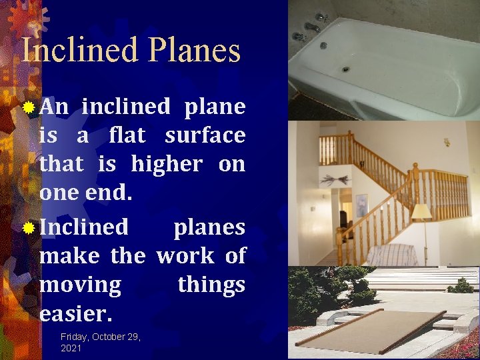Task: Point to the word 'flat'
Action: click(127, 135)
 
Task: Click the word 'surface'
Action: click(205, 135)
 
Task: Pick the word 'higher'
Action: click(167, 163)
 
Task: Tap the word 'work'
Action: click(185, 255)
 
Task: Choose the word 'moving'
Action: click(81, 285)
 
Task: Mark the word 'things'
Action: click(211, 285)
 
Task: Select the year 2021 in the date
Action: click(71, 348)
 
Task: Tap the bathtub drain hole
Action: click(346, 69)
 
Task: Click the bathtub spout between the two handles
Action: click(312, 27)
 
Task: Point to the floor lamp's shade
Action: click(421, 212)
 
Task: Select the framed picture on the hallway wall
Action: click(361, 206)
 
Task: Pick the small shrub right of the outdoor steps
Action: click(461, 286)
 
